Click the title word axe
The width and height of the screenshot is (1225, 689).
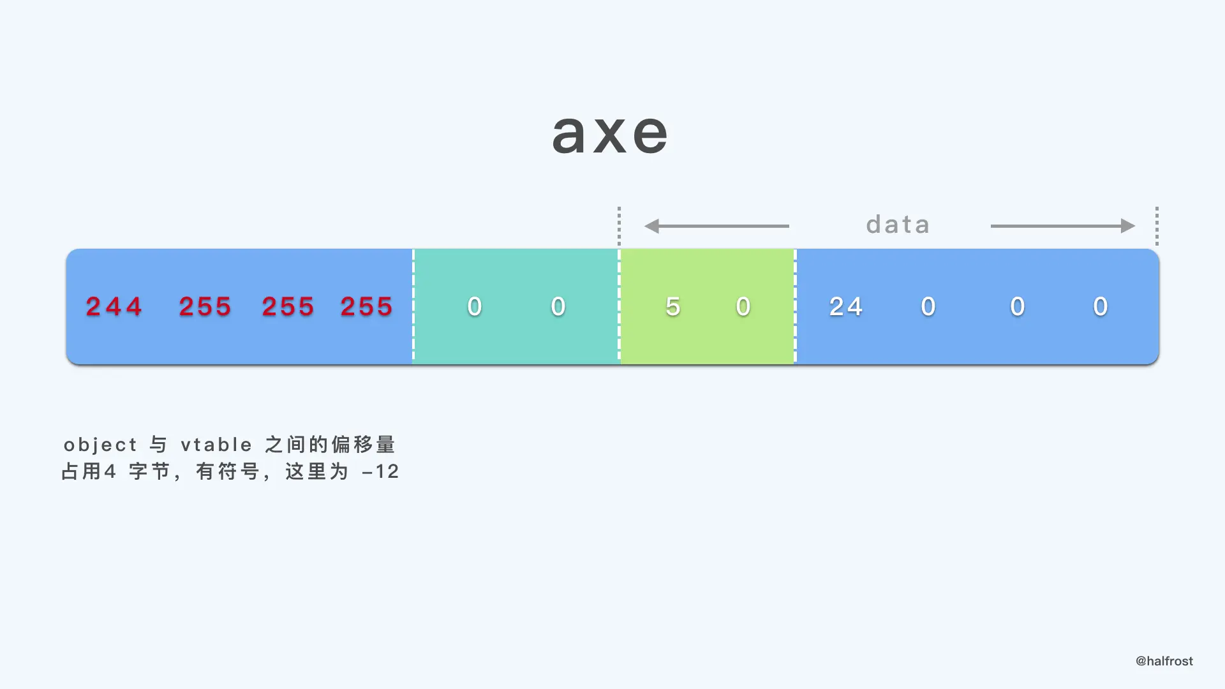point(610,134)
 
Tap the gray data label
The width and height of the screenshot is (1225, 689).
point(898,225)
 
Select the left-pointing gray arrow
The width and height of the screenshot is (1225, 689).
point(716,226)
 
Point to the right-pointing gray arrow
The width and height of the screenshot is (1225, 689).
point(1062,226)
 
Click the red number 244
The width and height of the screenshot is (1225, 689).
point(114,307)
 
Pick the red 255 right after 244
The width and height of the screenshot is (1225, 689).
point(205,307)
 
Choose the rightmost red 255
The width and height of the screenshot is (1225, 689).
point(366,307)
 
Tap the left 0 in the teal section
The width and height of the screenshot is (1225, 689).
point(474,307)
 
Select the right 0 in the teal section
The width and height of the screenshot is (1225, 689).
point(558,307)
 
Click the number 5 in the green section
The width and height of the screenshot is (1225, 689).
point(672,307)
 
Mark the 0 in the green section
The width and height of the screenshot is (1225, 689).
point(743,307)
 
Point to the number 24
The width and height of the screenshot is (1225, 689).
point(846,307)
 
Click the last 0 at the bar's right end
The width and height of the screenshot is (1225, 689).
point(1101,307)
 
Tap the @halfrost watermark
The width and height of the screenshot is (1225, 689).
point(1164,661)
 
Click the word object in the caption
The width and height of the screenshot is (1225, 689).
point(100,445)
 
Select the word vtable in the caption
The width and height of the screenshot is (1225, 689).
point(216,445)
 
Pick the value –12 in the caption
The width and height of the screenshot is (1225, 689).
point(380,471)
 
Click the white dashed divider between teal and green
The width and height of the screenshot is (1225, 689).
point(619,306)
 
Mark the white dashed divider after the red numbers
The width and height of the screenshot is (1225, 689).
point(413,306)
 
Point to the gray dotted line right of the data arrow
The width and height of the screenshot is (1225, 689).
point(1157,226)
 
